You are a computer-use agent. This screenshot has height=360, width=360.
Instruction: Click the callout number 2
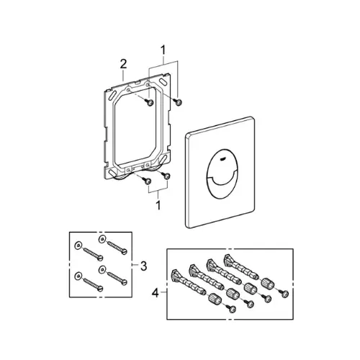coord(123,64)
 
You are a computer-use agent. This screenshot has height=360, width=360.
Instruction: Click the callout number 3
coord(143,266)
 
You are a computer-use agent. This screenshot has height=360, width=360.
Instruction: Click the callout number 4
coord(156,293)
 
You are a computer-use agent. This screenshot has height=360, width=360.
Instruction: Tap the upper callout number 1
coord(163,50)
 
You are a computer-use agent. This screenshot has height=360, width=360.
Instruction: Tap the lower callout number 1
coord(158,205)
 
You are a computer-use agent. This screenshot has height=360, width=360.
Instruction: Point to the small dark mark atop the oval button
coord(222,158)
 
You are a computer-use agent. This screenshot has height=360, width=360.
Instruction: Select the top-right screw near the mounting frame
coord(179,102)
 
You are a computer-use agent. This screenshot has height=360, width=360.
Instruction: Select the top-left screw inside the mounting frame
coord(150,103)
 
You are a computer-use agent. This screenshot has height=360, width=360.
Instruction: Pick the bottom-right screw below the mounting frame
coord(167,176)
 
